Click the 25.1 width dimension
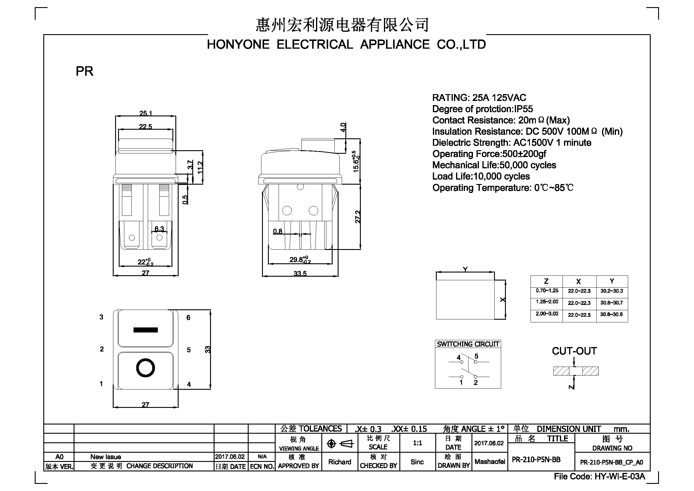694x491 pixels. (x=145, y=113)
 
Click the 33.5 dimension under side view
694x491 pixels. (x=300, y=274)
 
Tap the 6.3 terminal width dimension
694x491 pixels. (x=159, y=229)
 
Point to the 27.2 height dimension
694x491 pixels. (x=358, y=217)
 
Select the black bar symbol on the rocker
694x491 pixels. (x=145, y=330)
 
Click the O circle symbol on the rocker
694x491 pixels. (x=145, y=368)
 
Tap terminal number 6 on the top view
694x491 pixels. (x=188, y=317)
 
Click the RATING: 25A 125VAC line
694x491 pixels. (x=479, y=98)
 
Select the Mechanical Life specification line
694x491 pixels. (x=494, y=165)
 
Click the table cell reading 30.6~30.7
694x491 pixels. (x=612, y=302)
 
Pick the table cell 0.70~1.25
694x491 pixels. (x=547, y=291)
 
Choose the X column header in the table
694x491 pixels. (x=579, y=281)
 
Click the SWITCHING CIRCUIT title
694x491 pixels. (x=468, y=344)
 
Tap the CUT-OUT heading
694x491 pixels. (x=574, y=351)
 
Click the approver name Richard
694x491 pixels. (x=340, y=462)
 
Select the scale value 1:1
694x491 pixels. (x=417, y=443)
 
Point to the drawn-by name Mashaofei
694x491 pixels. (x=490, y=462)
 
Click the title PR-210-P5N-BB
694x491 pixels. (x=536, y=460)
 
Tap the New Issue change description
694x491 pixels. (x=106, y=457)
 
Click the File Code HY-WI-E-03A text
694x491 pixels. (x=599, y=476)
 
